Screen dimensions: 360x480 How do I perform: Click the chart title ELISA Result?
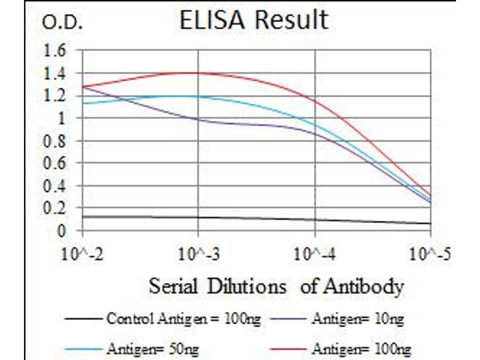tap(254, 20)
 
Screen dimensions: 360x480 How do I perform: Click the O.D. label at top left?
tap(62, 23)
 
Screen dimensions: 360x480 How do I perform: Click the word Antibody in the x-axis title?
tap(362, 287)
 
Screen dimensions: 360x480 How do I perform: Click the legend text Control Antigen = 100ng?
tap(183, 319)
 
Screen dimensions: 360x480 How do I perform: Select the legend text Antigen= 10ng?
tap(358, 319)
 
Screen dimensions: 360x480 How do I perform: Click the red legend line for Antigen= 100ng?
tap(290, 347)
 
